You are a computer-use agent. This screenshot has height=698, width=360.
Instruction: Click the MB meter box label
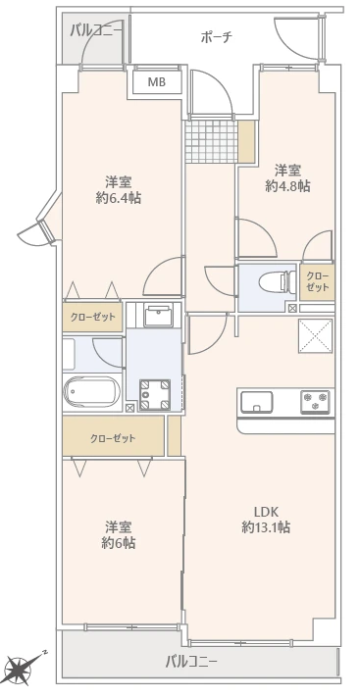(157, 82)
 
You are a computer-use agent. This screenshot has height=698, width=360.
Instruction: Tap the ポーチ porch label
(217, 37)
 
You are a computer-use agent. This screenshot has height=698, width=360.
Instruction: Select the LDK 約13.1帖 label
(267, 520)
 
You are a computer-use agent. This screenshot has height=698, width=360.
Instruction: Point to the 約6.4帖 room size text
(119, 198)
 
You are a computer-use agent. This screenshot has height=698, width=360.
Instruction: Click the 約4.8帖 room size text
(287, 186)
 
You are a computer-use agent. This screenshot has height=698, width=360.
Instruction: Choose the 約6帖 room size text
(119, 543)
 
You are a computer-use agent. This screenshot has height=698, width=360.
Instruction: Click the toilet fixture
(278, 281)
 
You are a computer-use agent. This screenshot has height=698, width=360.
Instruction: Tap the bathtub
(92, 392)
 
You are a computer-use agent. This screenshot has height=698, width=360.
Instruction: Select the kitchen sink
(257, 402)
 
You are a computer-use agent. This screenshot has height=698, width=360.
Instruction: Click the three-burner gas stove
(315, 402)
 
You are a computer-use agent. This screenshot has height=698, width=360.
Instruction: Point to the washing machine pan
(155, 394)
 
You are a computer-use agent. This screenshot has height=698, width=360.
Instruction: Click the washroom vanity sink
(156, 317)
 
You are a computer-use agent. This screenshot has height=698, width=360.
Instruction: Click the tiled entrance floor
(211, 141)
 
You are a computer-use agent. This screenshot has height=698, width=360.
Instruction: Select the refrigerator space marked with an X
(315, 336)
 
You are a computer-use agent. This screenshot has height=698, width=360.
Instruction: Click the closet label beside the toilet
(318, 281)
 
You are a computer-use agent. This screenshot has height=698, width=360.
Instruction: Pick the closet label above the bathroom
(92, 317)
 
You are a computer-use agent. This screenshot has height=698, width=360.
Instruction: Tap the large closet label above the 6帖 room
(113, 439)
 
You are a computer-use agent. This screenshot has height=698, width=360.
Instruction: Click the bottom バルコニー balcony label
(191, 662)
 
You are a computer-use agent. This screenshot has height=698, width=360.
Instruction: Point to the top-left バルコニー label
(96, 30)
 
